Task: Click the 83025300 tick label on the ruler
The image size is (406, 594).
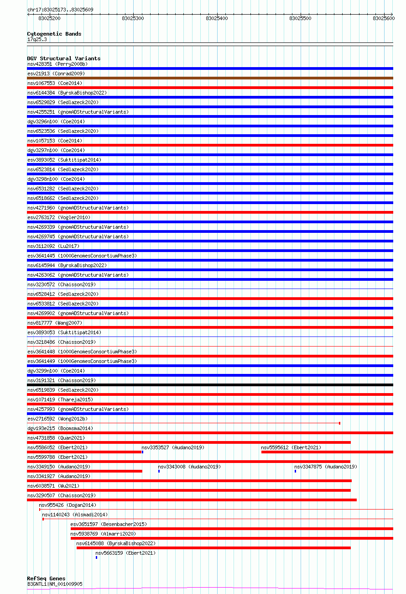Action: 133,18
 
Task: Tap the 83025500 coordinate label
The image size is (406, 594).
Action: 300,18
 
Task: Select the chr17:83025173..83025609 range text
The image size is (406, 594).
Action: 60,10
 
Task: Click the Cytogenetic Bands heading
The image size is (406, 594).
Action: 54,34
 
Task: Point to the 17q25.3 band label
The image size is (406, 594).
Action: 37,39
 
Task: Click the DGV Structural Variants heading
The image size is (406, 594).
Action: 63,58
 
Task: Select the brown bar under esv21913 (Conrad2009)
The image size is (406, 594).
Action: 210,78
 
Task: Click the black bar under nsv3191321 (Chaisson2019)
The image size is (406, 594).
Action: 210,385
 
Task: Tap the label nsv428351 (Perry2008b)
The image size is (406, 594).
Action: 57,64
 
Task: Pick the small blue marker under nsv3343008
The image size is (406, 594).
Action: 159,471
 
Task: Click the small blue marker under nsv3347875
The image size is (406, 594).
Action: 295,471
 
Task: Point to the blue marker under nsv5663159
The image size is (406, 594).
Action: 96,557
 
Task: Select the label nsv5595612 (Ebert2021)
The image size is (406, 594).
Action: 291,447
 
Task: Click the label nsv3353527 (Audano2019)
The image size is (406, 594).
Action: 172,447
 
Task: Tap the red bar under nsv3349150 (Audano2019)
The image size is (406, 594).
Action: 84,471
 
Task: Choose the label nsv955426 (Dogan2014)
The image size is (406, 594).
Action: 67,505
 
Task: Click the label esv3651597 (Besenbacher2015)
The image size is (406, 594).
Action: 108,524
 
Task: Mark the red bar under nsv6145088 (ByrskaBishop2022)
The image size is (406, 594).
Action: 213,547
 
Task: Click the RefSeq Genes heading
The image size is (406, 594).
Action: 46,578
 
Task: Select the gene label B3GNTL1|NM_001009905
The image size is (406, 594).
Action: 55,584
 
